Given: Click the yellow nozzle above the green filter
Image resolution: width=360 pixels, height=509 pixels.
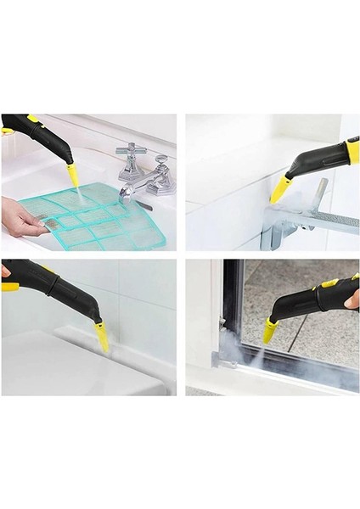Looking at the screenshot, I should pos(74,176).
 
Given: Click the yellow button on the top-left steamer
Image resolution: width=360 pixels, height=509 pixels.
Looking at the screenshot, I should pos(33,118).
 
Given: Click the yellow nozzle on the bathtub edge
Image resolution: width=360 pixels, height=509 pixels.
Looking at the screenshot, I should pos(102,337).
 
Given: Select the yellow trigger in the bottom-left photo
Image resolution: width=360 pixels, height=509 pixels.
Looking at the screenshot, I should pos(10,287).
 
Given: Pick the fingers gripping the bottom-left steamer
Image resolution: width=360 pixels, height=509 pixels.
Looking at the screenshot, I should pos(5,271).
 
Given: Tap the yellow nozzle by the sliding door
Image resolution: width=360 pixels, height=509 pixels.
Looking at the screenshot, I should pos(270,330).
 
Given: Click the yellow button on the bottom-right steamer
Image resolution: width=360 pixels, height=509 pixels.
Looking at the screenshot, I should pos(330,282).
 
